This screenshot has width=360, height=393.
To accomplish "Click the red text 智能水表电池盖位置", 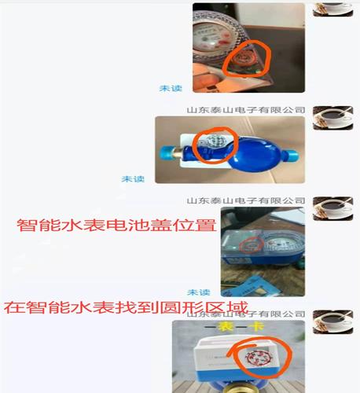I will click(x=116, y=226).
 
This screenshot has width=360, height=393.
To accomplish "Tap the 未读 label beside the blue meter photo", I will click(x=133, y=179).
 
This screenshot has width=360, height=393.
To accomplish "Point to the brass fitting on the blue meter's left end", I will click(x=167, y=151).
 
